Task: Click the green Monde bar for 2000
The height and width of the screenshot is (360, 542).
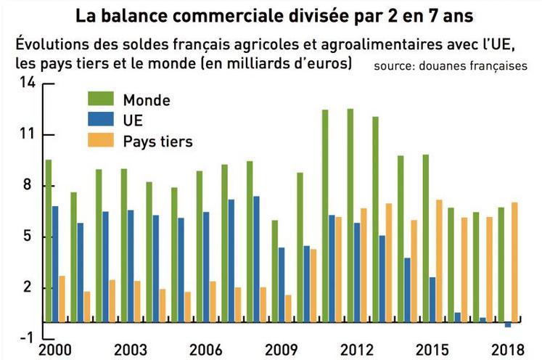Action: (x=48, y=240)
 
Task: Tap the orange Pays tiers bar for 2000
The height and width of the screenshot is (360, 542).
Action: (x=62, y=298)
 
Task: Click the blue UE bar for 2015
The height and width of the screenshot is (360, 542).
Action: (x=432, y=299)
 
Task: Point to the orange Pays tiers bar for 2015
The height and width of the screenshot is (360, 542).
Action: (x=440, y=261)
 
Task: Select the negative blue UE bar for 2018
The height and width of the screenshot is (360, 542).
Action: (x=508, y=324)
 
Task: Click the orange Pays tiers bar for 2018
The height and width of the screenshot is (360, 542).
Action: (x=515, y=261)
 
